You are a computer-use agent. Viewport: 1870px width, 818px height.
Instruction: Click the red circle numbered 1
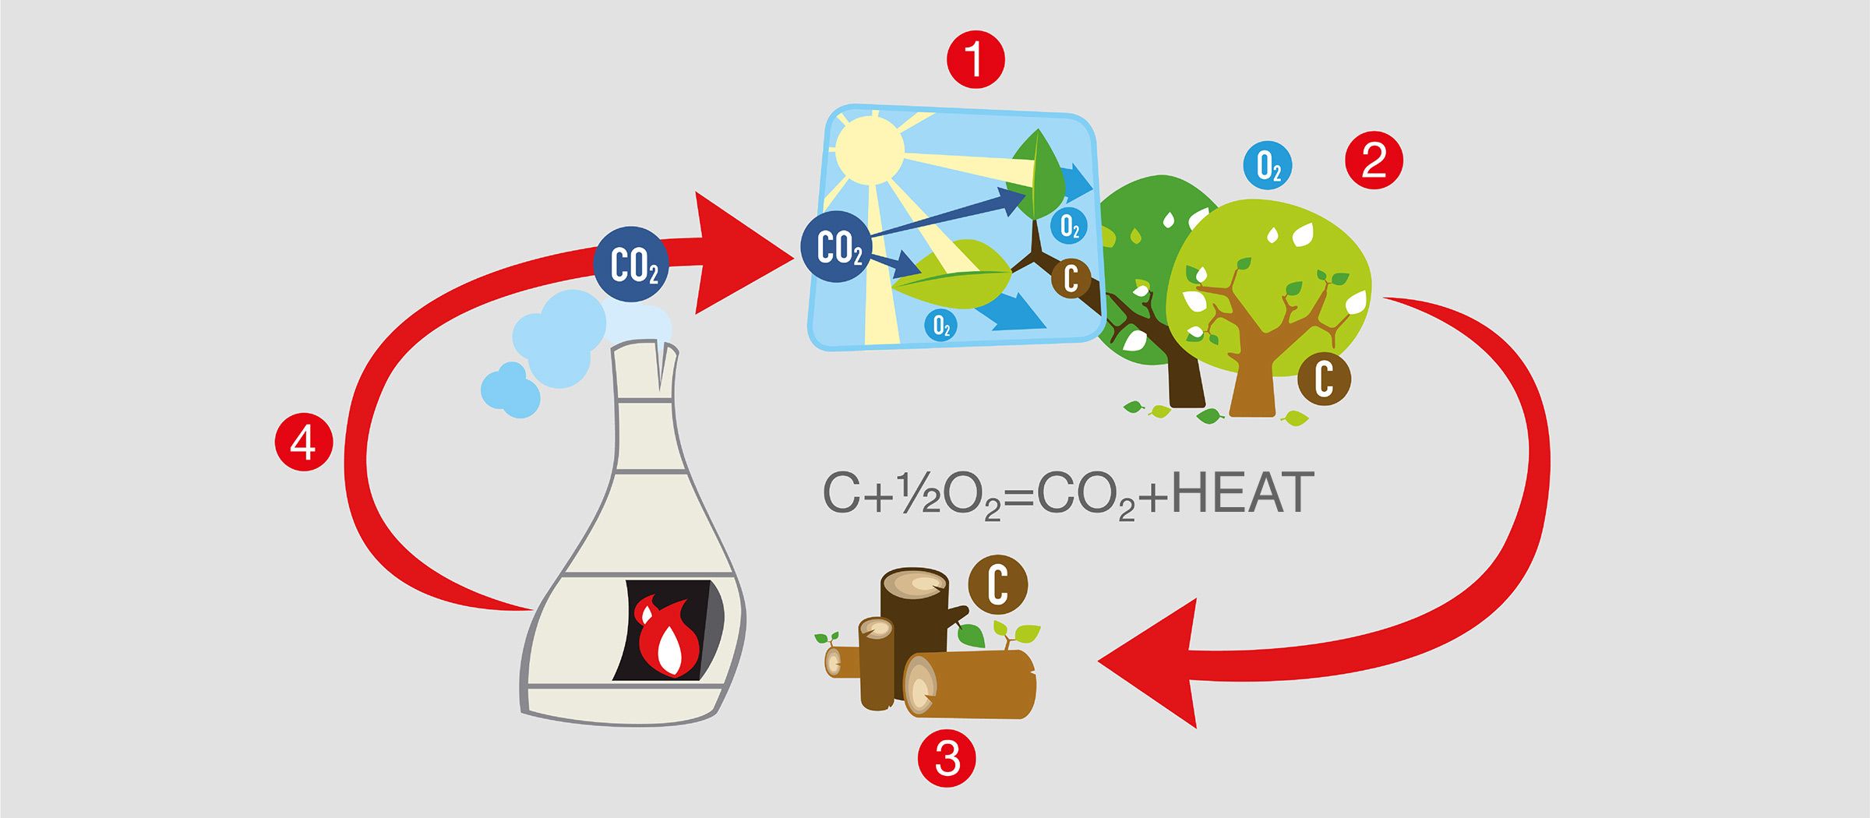click(975, 60)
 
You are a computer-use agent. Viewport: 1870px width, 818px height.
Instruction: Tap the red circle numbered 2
click(1374, 161)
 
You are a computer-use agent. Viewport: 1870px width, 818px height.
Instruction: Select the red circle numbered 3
click(947, 757)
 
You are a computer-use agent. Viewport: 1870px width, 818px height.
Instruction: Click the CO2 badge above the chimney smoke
click(632, 265)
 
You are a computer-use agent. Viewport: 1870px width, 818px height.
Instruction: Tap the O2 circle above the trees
click(1268, 167)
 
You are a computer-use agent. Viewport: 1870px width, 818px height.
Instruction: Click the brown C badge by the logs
click(998, 584)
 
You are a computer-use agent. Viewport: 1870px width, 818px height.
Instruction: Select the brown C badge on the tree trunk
click(1324, 379)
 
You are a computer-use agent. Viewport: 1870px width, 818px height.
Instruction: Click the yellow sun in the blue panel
click(869, 149)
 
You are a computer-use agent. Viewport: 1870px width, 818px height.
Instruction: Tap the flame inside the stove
click(667, 637)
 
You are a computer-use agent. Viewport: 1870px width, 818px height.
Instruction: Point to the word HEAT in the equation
click(1242, 494)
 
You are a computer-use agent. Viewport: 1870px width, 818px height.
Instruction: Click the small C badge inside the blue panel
click(1071, 278)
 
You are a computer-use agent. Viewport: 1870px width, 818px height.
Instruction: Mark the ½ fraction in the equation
click(919, 495)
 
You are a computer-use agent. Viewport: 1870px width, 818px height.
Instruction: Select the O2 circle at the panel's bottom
click(942, 325)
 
